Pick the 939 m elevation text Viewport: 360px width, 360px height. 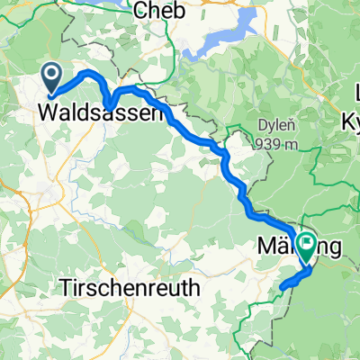coord(274,144)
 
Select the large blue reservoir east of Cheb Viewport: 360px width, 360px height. coord(216,40)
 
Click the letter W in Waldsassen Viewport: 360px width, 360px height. coord(49,114)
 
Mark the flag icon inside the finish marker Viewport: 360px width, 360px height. coord(308,241)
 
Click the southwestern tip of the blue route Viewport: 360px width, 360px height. coord(282,288)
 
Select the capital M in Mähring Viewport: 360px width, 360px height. coord(266,244)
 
